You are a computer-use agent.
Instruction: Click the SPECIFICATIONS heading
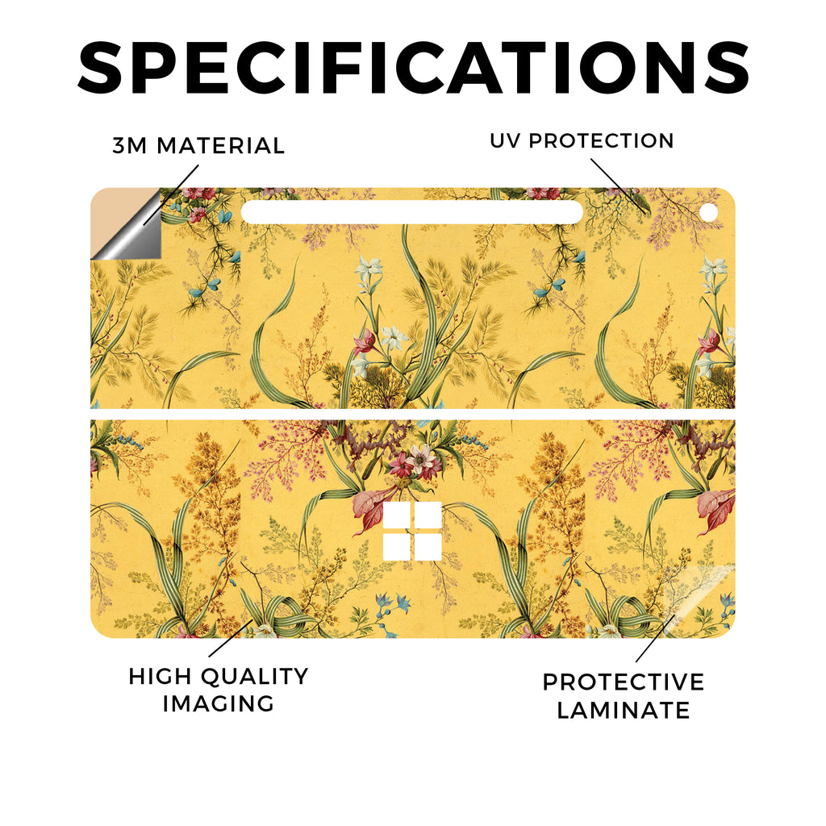[413, 68]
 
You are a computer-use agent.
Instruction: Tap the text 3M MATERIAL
[198, 146]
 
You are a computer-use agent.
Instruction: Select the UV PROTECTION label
[582, 140]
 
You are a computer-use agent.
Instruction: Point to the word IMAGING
[218, 703]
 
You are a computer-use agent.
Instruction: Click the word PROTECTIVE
[624, 682]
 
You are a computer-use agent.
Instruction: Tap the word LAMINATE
[624, 710]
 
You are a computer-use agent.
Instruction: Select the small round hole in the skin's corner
[709, 213]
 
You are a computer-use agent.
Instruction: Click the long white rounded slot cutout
[412, 212]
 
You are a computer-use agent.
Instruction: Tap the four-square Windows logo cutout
[412, 531]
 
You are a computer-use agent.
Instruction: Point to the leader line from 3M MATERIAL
[171, 195]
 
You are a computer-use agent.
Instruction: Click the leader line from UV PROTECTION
[619, 185]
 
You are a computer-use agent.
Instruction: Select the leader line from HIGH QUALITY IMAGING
[231, 639]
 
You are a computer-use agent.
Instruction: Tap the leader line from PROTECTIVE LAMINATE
[655, 638]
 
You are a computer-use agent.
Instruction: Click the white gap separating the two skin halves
[413, 415]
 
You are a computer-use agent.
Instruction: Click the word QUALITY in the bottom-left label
[255, 677]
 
